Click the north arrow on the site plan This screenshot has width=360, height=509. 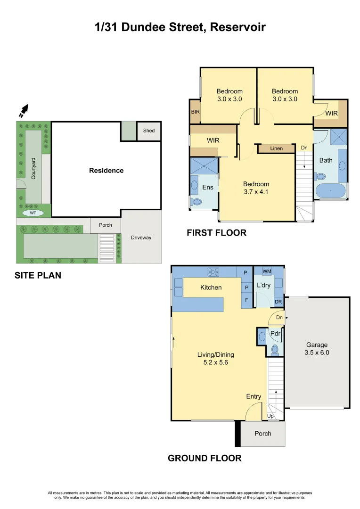(24, 111)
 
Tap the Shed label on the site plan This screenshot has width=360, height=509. (149, 131)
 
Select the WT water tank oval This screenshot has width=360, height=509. (33, 213)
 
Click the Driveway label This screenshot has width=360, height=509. (141, 237)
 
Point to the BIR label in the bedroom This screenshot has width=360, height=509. (196, 112)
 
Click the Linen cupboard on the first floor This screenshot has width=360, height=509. (276, 148)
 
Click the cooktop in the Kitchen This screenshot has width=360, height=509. (213, 272)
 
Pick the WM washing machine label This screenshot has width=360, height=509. (267, 271)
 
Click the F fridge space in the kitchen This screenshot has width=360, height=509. (247, 300)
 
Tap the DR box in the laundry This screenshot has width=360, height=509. (278, 302)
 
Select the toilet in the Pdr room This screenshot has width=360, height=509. (275, 350)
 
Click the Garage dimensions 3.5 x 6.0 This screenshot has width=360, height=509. (317, 353)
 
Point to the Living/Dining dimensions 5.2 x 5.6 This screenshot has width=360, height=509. (215, 362)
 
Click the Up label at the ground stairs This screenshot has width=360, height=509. (270, 416)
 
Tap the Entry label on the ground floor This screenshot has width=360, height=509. (254, 396)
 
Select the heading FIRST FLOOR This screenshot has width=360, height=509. (217, 233)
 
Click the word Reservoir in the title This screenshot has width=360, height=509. (238, 27)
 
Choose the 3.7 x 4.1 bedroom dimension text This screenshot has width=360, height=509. (256, 191)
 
